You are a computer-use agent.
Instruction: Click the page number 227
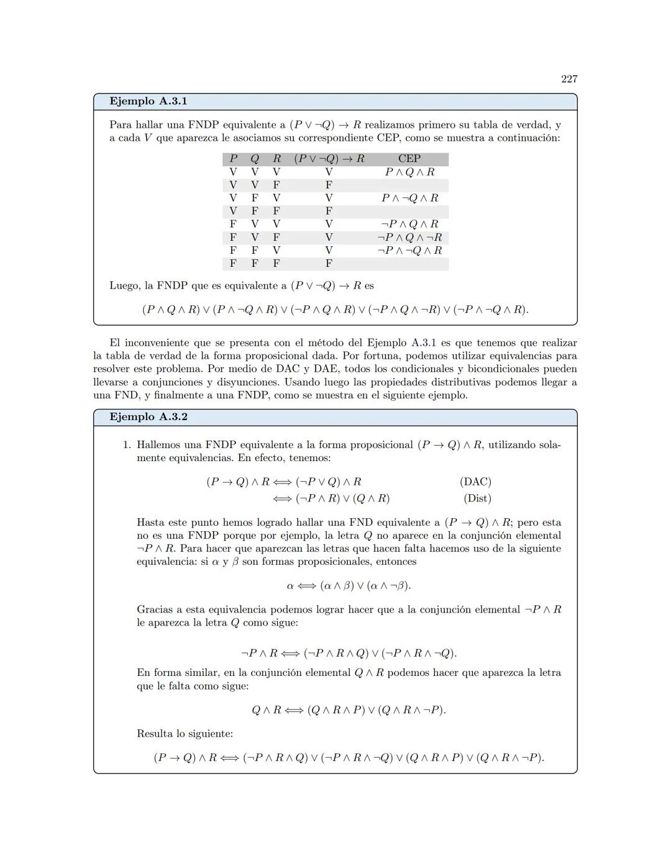pos(569,79)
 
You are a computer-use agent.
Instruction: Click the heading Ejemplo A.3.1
pos(148,101)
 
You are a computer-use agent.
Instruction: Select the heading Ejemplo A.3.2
pos(148,417)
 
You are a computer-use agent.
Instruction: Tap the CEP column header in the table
pos(409,159)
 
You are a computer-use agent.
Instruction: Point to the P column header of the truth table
pos(233,159)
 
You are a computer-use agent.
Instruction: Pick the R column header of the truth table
pos(276,159)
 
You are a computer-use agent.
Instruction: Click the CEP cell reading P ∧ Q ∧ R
pos(409,172)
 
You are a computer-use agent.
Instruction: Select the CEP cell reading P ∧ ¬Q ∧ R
pos(409,198)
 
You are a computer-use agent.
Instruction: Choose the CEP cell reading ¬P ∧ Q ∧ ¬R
pos(409,237)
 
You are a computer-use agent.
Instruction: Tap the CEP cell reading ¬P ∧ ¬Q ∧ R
pos(409,250)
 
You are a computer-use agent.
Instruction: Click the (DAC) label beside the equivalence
pos(475,482)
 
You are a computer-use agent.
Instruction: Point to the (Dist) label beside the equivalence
pos(477,498)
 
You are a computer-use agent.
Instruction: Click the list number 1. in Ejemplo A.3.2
pos(127,445)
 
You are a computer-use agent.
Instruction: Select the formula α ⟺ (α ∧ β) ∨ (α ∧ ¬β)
pos(349,586)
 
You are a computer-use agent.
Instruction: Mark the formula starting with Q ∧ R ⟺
pos(349,710)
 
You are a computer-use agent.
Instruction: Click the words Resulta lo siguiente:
pos(185,734)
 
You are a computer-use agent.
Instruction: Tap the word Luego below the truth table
pos(124,286)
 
